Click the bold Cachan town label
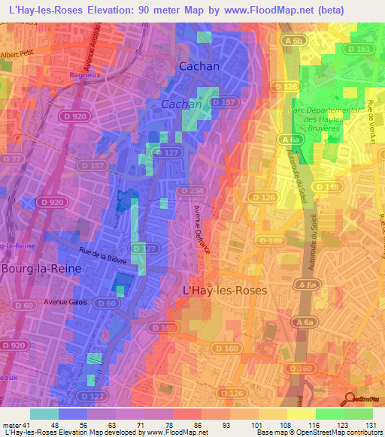(199, 66)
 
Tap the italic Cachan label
(182, 104)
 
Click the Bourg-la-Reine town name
(41, 267)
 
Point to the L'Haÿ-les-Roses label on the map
(226, 289)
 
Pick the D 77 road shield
(11, 159)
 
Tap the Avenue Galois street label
(65, 302)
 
